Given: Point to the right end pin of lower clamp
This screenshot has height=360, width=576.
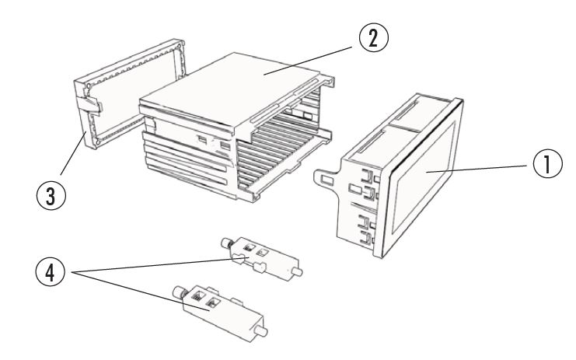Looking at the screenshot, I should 262,333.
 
